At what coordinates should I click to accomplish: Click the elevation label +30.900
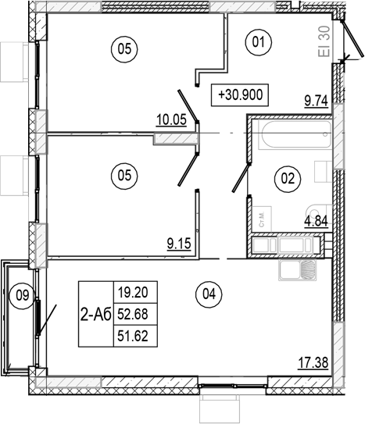pos(242,95)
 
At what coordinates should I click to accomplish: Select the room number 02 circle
pos(288,179)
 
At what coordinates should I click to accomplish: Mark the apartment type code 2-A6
pos(96,315)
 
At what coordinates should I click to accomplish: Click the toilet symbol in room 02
pos(316,211)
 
